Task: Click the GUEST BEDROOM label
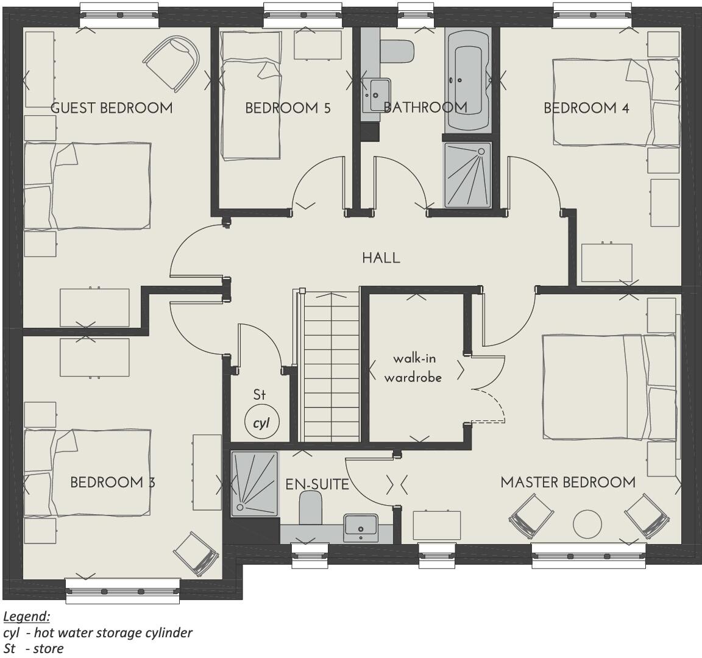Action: (x=112, y=108)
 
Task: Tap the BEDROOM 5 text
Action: (x=288, y=108)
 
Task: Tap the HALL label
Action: (x=381, y=258)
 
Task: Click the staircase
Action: (x=330, y=366)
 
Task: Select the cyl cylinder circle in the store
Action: (x=261, y=423)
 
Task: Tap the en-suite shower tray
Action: (x=254, y=484)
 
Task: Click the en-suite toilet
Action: (x=310, y=509)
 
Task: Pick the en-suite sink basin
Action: (x=361, y=527)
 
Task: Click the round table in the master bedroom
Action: (x=587, y=523)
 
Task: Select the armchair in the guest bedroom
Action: (x=172, y=61)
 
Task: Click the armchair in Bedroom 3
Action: (x=196, y=553)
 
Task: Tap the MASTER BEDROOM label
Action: (x=567, y=483)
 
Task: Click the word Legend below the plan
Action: (x=26, y=617)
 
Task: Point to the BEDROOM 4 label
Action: (x=586, y=108)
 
